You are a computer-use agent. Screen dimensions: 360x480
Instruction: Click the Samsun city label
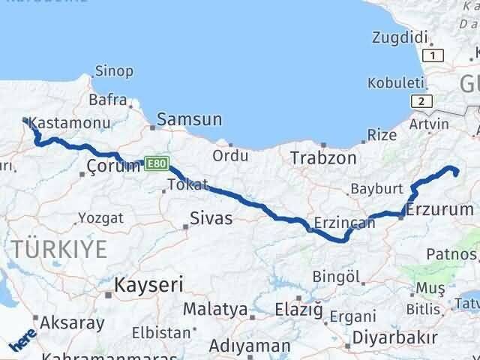click(x=190, y=120)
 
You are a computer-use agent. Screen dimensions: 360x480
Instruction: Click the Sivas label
click(x=211, y=219)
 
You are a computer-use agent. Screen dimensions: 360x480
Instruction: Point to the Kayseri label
click(x=148, y=285)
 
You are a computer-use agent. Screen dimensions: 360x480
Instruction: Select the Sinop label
click(x=115, y=72)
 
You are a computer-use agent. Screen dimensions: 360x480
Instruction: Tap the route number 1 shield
click(x=432, y=55)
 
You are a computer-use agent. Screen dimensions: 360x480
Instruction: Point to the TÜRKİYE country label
click(x=59, y=248)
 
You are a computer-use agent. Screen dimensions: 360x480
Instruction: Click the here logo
click(x=22, y=343)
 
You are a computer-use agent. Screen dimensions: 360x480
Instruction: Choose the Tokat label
click(x=187, y=184)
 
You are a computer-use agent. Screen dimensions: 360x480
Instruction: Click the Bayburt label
click(x=382, y=188)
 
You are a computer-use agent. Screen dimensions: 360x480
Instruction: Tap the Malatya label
click(x=216, y=309)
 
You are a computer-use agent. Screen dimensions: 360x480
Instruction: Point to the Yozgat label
click(x=101, y=219)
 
